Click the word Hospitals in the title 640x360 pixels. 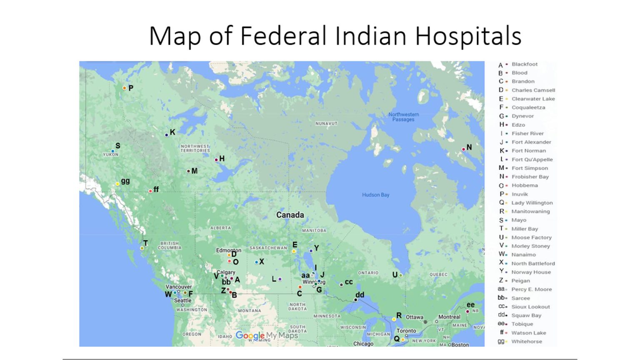tap(468, 36)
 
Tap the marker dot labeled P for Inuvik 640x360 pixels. tap(124, 88)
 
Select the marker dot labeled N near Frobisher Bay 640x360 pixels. tap(463, 149)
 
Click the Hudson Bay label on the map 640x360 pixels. tap(375, 195)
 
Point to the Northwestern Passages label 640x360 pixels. tap(403, 117)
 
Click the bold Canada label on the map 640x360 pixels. tap(290, 215)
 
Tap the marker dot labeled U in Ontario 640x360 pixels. tap(400, 275)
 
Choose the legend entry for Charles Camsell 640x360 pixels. tap(533, 90)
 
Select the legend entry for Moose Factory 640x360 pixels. tap(531, 237)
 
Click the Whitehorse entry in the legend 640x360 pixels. tap(527, 341)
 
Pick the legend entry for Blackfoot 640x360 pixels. tap(524, 64)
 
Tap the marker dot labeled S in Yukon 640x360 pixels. tap(112, 151)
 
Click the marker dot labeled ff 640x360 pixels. tap(150, 191)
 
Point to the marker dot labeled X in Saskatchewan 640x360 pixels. tap(256, 262)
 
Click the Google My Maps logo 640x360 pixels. tap(267, 335)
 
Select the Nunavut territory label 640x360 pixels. tap(326, 124)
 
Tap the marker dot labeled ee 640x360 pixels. tap(467, 311)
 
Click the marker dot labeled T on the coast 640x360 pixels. tap(142, 248)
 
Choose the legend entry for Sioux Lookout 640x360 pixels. tap(530, 307)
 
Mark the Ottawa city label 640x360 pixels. tap(415, 317)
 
